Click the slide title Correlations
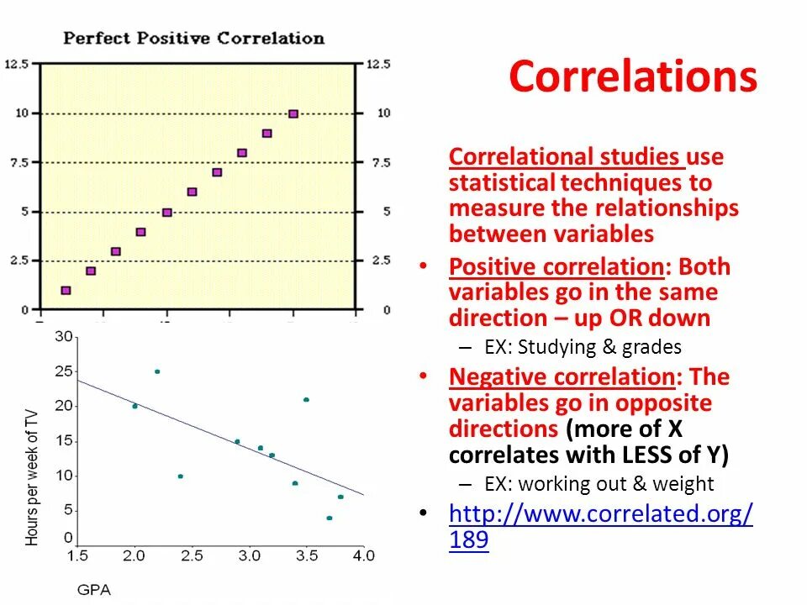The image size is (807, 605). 632,77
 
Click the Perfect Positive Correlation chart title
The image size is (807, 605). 193,38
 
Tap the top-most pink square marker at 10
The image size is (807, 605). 293,113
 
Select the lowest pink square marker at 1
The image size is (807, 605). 66,291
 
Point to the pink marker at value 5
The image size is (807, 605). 166,213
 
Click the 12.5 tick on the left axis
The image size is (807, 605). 18,64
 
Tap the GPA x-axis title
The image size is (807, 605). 93,590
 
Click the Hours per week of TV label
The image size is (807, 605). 33,476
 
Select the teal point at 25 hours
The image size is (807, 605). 157,371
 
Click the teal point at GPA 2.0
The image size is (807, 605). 134,407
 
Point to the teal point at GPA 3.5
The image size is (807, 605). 306,400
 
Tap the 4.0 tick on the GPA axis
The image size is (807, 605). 363,555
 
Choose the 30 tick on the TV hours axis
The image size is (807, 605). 64,337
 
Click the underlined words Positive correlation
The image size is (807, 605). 556,267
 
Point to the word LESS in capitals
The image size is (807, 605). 645,455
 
